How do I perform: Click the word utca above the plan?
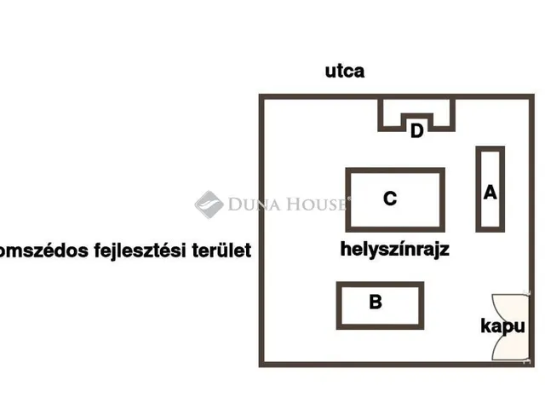click(345, 71)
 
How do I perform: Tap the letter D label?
click(416, 131)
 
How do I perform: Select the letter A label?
click(490, 193)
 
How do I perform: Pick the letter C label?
click(390, 199)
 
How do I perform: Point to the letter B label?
click(376, 302)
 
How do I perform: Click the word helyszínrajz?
click(395, 250)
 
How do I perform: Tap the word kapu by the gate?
click(502, 326)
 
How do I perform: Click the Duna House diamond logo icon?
click(209, 204)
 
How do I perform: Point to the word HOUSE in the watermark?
click(316, 204)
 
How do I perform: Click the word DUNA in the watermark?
click(254, 204)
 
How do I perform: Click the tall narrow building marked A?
click(479, 189)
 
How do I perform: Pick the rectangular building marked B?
click(380, 284)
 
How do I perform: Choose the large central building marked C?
click(395, 170)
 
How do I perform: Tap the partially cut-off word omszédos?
click(43, 251)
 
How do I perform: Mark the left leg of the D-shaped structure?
click(381, 115)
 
